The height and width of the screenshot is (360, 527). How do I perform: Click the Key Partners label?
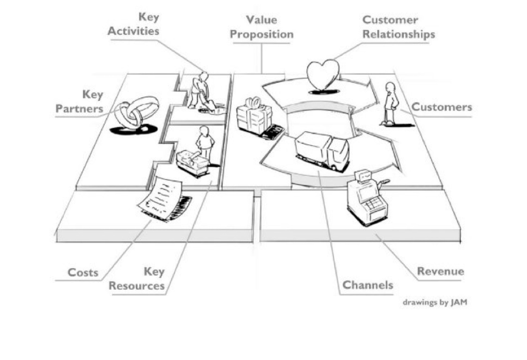tap(79, 102)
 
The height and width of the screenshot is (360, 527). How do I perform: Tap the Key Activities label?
tap(134, 24)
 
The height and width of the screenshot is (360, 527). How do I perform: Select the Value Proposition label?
tap(262, 27)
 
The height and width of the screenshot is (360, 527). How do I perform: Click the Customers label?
tap(441, 107)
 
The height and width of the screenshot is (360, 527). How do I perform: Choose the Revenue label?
tap(440, 271)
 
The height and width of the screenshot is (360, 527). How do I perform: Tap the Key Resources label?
tap(137, 279)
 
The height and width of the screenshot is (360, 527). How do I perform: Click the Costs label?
tap(83, 272)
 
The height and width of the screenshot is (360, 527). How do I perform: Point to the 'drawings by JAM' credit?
tap(435, 303)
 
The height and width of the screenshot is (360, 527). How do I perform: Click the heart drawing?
tap(323, 74)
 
